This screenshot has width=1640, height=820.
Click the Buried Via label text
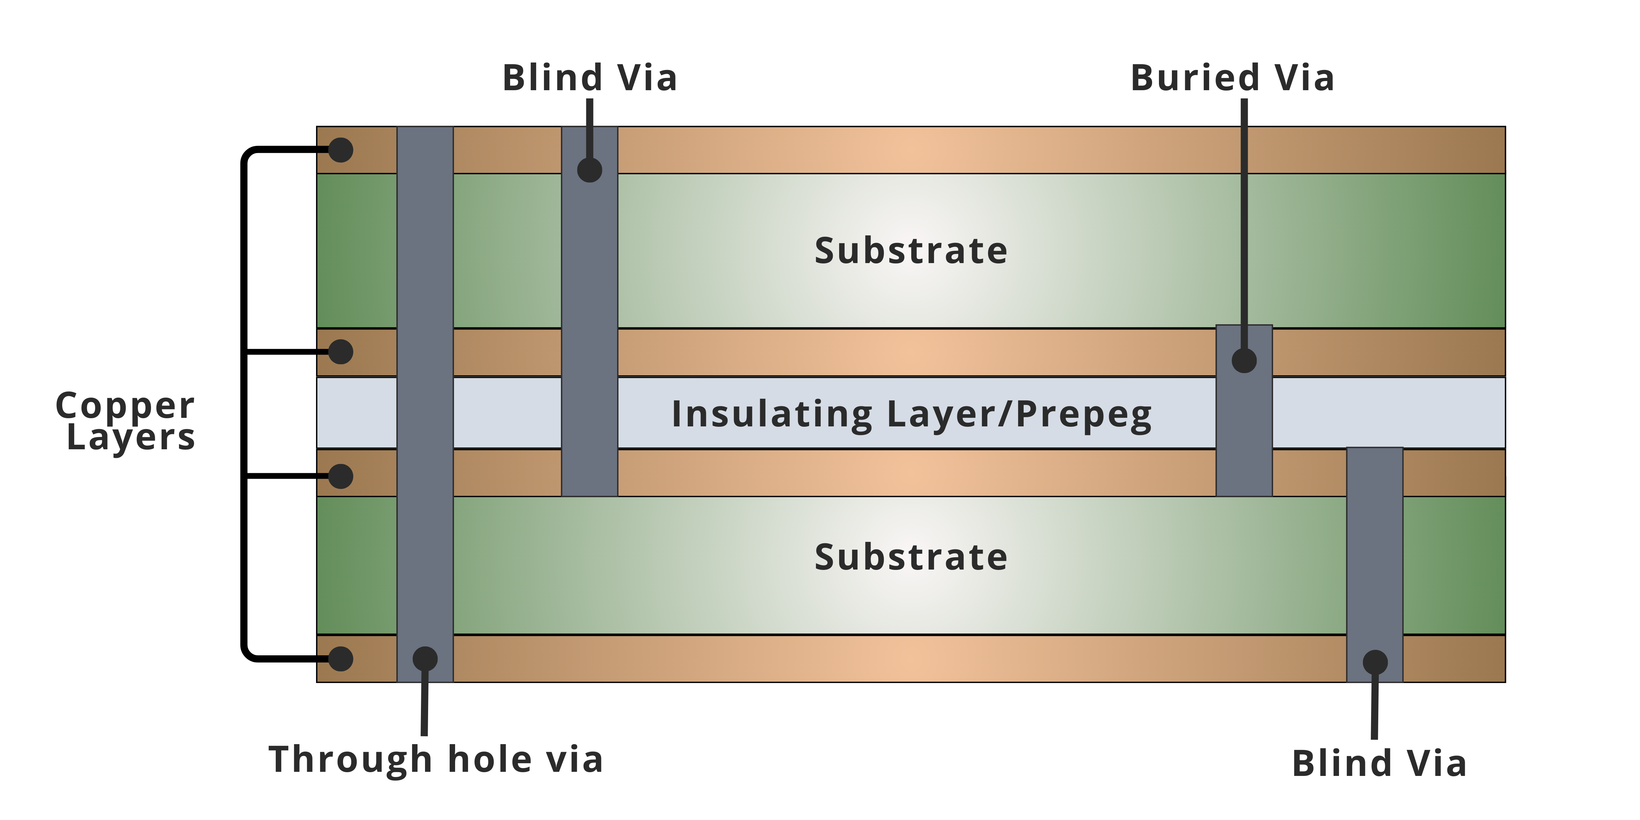pos(1232,78)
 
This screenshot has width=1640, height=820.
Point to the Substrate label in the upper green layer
pos(911,250)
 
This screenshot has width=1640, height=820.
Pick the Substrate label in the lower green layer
pos(911,557)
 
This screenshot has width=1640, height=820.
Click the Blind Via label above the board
pos(589,78)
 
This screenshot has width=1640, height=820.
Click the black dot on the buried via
pos(1244,360)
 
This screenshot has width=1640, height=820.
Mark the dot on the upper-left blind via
pos(589,170)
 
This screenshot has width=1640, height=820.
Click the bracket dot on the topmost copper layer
pos(341,150)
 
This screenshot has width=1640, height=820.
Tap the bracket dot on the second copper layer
pos(341,352)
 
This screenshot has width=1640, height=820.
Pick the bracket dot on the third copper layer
pos(341,476)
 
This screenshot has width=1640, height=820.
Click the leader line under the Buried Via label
pos(1244,223)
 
